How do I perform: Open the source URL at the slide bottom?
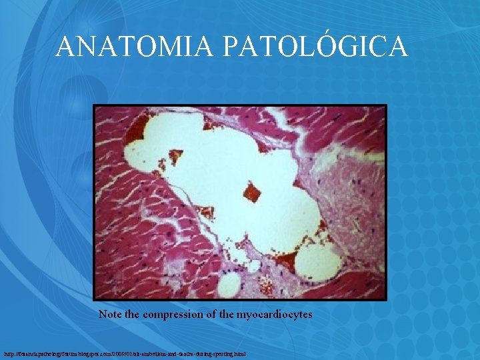pyautogui.click(x=125, y=353)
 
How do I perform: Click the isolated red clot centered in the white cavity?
pyautogui.click(x=252, y=191)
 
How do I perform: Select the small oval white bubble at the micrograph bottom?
pyautogui.click(x=229, y=285)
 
